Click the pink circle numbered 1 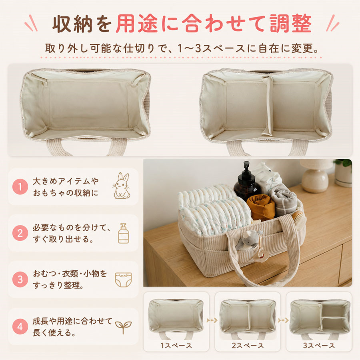coord(20,187)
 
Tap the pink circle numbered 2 coord(20,233)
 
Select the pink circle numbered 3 coord(20,280)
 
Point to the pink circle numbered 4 coord(20,326)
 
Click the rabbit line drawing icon coord(122,186)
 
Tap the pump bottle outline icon coord(124,233)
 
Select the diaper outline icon coord(123,280)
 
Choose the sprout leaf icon coord(123,327)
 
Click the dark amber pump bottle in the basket coord(246,181)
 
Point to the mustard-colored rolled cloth coord(261,206)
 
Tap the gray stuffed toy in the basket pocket coord(248,240)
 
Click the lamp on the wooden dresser coord(316,176)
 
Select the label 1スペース coord(176,346)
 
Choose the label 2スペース coord(248,346)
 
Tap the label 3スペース coord(319,346)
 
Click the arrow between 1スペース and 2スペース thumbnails coord(212,320)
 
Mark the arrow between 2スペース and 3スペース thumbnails coord(283,320)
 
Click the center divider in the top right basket coord(268,106)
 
